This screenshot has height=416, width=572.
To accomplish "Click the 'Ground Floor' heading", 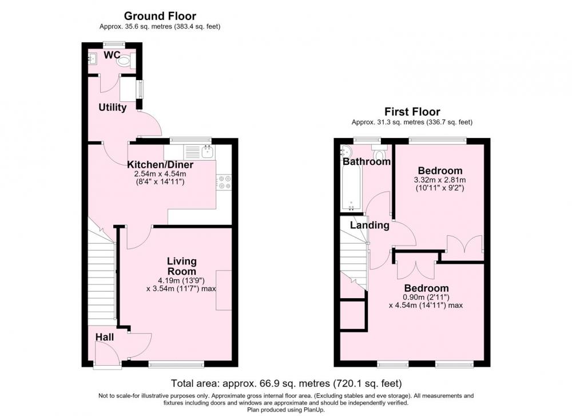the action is coord(160,16).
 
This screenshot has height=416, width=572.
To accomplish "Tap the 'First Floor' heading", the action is coord(412,112).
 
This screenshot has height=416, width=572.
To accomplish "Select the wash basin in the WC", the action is coord(92,58).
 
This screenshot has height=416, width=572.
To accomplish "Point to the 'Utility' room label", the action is coord(112,107).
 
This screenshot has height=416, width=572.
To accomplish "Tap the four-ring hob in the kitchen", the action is coord(223,182).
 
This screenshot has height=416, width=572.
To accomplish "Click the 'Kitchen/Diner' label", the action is coord(160,165).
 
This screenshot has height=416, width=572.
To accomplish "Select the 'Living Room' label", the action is coord(182,266).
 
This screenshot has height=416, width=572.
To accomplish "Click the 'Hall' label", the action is coord(105,337).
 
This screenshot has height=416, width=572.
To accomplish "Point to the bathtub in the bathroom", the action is coord(351,185).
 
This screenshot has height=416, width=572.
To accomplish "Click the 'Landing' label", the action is coord(370,225).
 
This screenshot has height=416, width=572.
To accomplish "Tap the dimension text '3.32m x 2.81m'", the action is coord(440,180).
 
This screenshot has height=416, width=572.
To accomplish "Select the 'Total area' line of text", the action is coord(287,383).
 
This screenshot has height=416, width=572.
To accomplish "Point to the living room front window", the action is coord(176,364).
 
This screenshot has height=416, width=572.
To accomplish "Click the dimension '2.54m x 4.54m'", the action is coord(160,174).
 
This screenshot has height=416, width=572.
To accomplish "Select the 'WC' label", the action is coord(112,55).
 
